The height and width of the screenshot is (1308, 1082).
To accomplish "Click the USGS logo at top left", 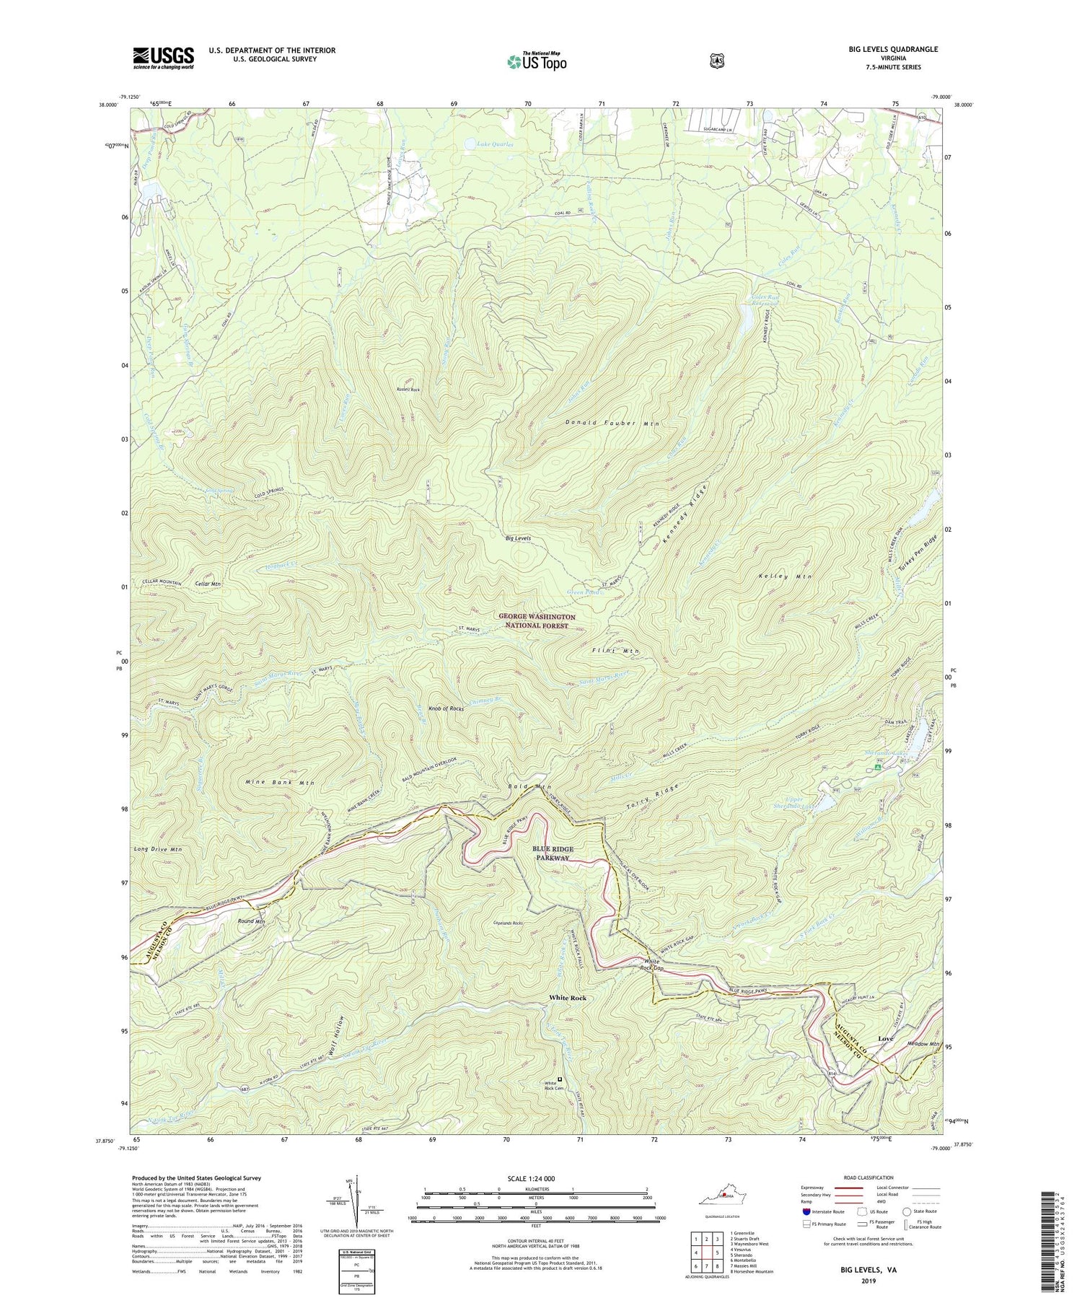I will [163, 58].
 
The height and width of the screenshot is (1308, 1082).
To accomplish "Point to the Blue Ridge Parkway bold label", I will [552, 853].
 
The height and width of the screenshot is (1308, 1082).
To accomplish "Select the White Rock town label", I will [568, 998].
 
